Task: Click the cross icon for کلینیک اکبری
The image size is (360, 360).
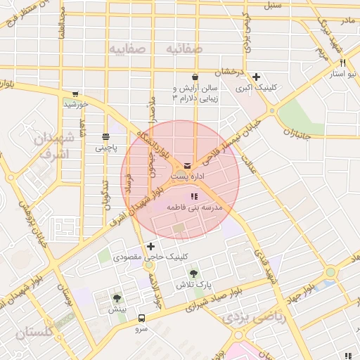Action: pyautogui.click(x=257, y=77)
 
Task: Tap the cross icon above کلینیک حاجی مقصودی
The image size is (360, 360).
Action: pyautogui.click(x=150, y=246)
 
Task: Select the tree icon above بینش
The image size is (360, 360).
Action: pyautogui.click(x=117, y=298)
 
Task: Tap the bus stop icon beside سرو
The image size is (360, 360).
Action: pyautogui.click(x=142, y=318)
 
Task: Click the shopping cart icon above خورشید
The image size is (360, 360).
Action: pyautogui.click(x=75, y=94)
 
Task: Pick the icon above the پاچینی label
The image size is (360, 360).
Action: pyautogui.click(x=105, y=136)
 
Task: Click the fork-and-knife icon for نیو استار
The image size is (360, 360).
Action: pyautogui.click(x=342, y=63)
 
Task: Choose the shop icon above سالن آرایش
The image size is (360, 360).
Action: pyautogui.click(x=195, y=77)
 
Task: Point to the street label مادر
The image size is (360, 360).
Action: pyautogui.click(x=348, y=22)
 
